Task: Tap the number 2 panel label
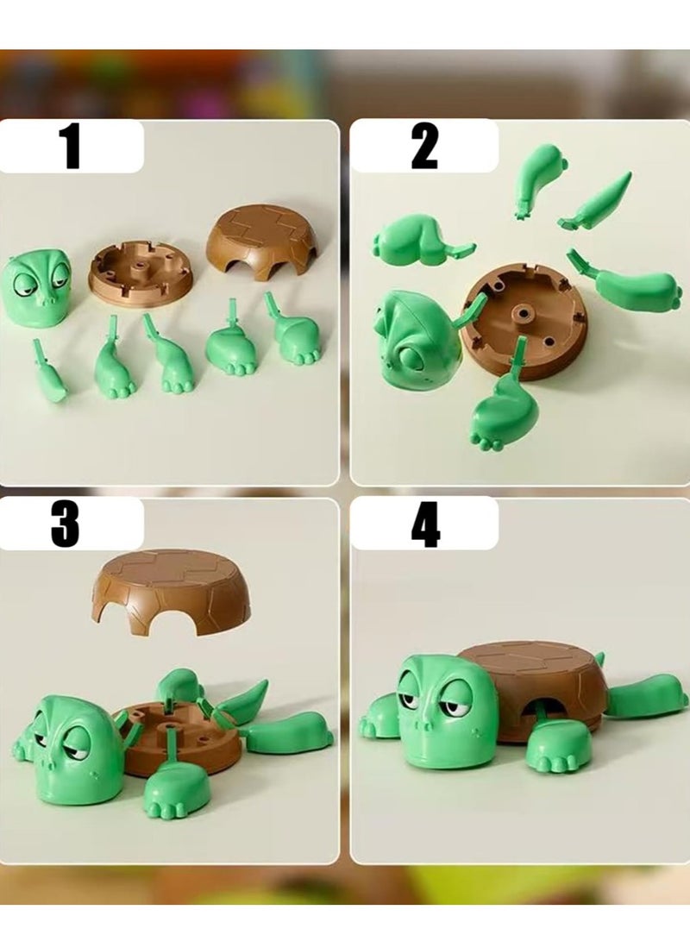click(x=424, y=147)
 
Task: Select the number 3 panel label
click(x=66, y=524)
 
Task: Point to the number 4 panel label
click(x=425, y=524)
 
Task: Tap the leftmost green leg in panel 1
click(x=49, y=373)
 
